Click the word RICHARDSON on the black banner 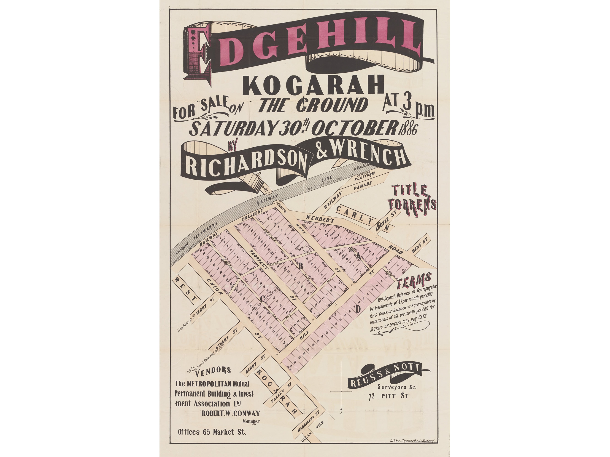coord(246,165)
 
